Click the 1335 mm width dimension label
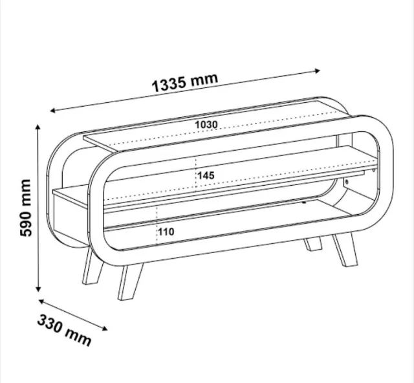coord(185,82)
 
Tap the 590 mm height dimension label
coord(26,208)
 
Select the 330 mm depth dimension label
coord(64,330)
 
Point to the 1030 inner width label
coord(206,125)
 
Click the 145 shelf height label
coord(206,175)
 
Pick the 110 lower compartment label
coord(166,232)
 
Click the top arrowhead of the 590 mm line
coord(38,127)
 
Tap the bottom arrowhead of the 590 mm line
coord(38,289)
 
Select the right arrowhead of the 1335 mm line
coord(318,71)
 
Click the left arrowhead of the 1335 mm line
coord(52,111)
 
